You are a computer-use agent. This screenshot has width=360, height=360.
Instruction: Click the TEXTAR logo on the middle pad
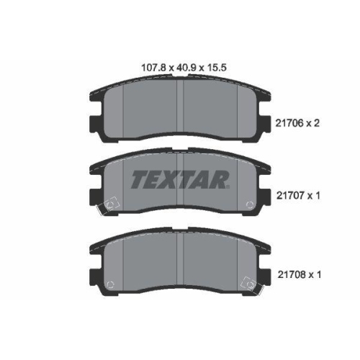[180, 179]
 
